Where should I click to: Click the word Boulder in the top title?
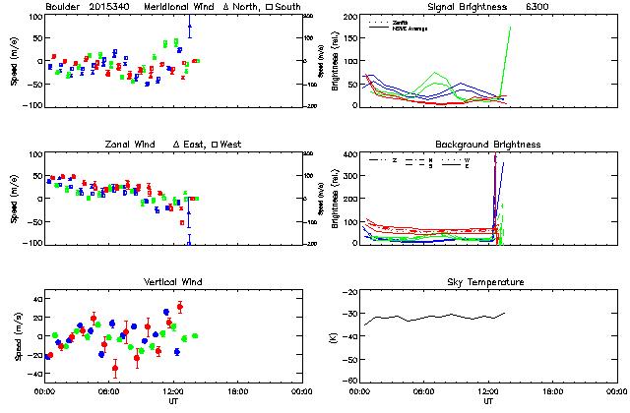point(62,7)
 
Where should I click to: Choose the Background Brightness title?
point(487,145)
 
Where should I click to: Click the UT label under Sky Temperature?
point(489,401)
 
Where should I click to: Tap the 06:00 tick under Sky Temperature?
point(424,391)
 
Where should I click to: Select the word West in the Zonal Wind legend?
point(230,145)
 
